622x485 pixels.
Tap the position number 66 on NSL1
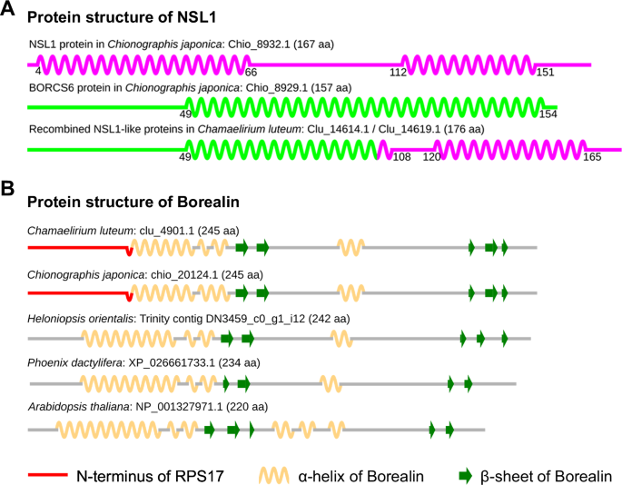click(252, 71)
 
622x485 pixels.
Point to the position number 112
click(397, 71)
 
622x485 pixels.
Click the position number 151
click(544, 71)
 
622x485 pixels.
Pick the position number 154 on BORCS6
click(548, 114)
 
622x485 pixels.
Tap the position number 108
click(400, 157)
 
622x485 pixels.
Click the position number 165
click(592, 157)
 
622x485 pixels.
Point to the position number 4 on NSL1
click(38, 71)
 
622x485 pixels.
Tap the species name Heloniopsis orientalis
click(80, 319)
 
